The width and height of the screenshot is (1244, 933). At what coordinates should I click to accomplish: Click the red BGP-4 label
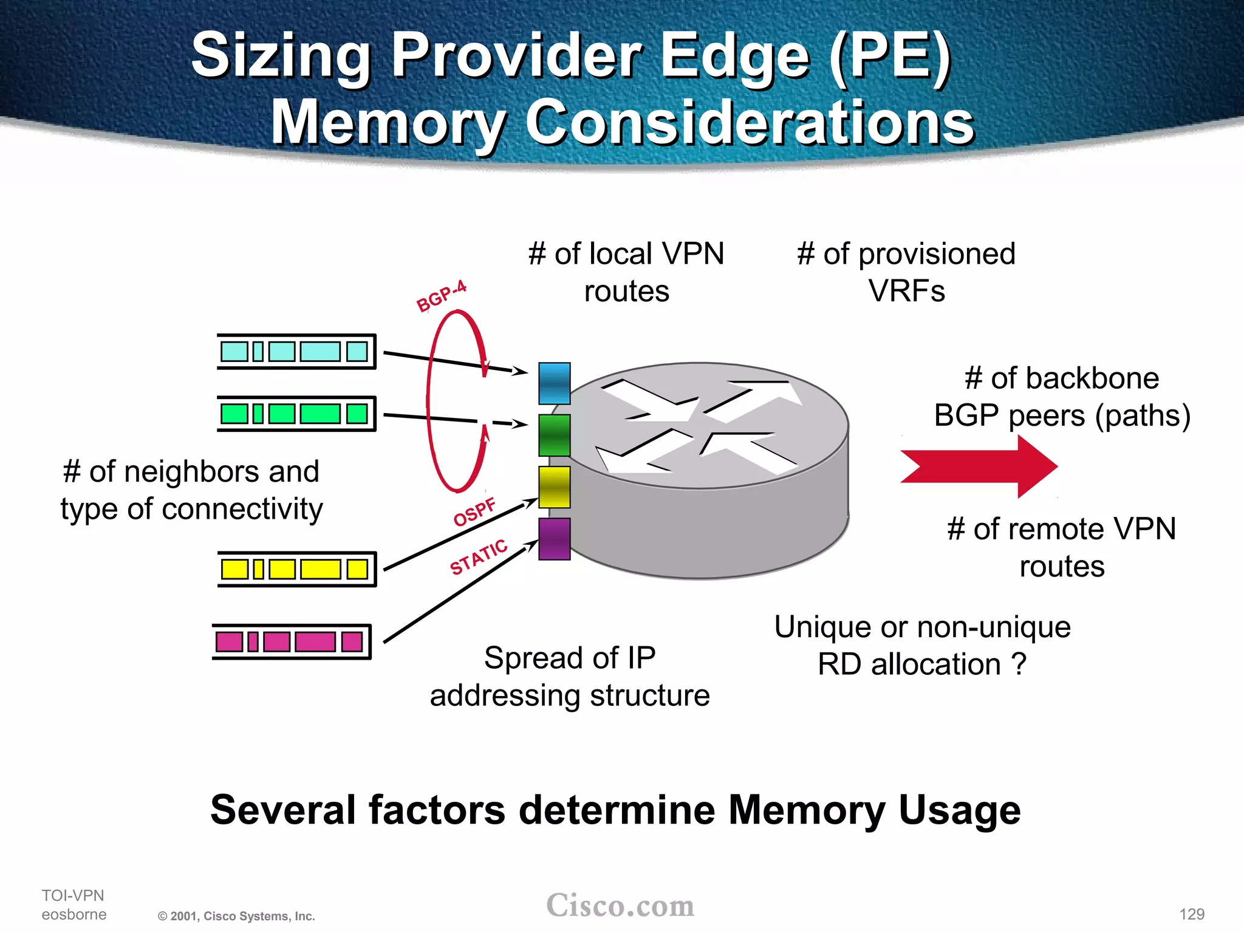coord(441,296)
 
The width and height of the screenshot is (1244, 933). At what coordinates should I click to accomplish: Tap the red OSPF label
coord(474,512)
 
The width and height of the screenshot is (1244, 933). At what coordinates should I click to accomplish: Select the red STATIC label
coord(478,557)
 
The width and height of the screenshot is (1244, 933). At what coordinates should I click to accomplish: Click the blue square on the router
coord(554,383)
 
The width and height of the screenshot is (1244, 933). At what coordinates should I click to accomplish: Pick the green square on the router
coord(554,435)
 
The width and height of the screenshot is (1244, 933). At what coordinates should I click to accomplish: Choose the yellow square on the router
coord(554,487)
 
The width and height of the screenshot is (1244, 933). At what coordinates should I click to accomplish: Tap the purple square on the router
coord(554,539)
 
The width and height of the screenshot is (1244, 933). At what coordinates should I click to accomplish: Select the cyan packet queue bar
coord(296,351)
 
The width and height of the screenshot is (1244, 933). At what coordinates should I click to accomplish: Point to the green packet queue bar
coord(296,414)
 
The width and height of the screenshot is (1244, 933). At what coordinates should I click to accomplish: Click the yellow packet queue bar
coord(296,569)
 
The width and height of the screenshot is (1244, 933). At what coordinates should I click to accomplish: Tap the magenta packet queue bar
coord(292,641)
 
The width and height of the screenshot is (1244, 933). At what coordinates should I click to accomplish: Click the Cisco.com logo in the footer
coord(620,906)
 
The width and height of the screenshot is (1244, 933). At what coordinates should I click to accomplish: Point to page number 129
coord(1192,914)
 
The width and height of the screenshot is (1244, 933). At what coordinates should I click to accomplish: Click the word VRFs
coord(906,291)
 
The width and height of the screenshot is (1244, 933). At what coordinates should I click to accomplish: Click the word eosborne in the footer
coord(74,914)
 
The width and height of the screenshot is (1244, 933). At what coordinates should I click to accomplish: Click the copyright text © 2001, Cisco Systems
coord(236,916)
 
